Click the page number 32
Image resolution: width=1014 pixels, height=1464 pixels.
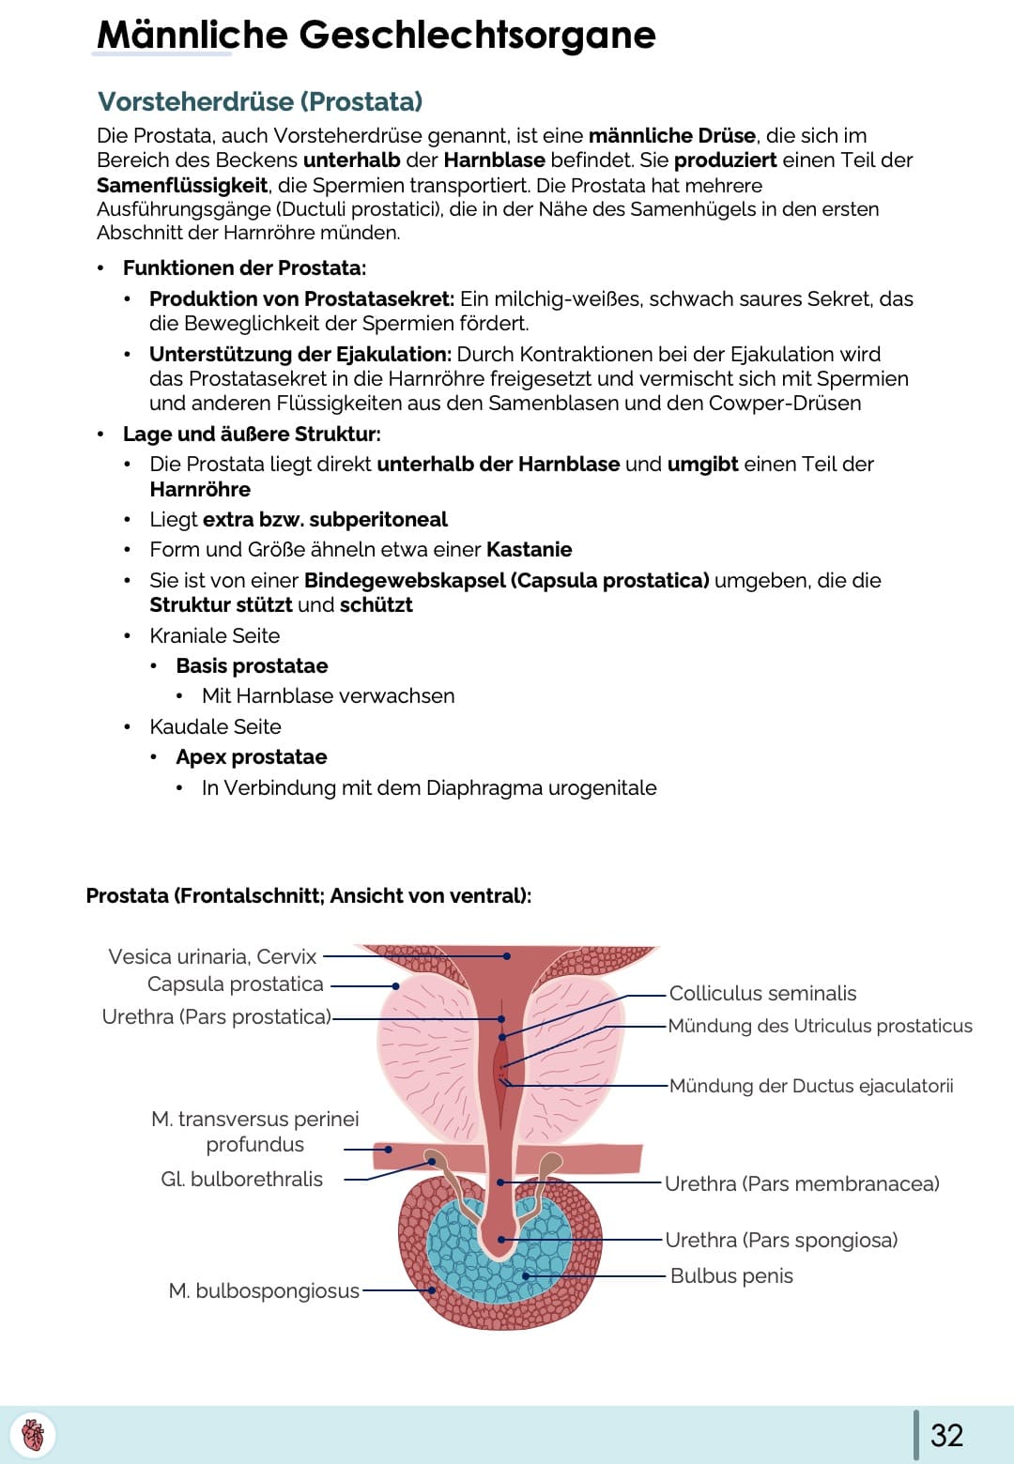(x=946, y=1435)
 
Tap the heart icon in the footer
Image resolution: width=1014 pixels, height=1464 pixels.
(x=33, y=1435)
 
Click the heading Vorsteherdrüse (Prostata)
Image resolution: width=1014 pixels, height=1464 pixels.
(x=260, y=101)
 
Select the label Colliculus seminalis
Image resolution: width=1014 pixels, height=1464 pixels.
(x=762, y=993)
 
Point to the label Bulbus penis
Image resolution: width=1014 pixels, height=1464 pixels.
(x=731, y=1276)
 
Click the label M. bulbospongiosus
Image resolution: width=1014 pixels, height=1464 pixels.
(x=264, y=1291)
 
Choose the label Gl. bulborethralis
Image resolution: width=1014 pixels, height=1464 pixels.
(x=241, y=1180)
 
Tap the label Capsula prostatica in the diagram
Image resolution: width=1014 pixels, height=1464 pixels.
(x=235, y=984)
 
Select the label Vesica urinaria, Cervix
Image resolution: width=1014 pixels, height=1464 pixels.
(x=212, y=956)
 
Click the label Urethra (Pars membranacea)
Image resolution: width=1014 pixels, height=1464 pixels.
(x=802, y=1183)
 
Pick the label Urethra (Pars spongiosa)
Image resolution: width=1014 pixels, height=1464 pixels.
(x=781, y=1241)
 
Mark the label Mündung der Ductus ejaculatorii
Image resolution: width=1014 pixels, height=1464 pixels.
(x=811, y=1086)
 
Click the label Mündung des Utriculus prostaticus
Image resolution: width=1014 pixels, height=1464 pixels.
(x=820, y=1026)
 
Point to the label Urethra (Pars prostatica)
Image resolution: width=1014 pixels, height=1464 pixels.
(x=216, y=1017)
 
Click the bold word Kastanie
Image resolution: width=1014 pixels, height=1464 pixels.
(x=529, y=549)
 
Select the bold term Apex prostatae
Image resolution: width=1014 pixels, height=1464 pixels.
(x=252, y=757)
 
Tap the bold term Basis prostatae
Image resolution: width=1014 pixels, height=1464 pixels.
(x=252, y=666)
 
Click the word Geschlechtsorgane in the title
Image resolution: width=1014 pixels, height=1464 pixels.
(x=477, y=35)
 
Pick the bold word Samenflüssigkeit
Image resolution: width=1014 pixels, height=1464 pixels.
(x=182, y=185)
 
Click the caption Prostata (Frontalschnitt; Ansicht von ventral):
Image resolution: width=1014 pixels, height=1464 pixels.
(x=308, y=896)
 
